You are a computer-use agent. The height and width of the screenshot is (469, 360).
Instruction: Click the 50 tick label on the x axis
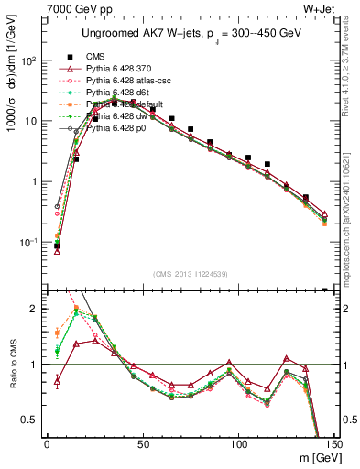click(143, 444)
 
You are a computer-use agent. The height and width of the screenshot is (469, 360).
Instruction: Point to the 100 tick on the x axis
click(239, 444)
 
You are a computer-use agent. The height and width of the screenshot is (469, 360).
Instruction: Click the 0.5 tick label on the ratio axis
click(30, 420)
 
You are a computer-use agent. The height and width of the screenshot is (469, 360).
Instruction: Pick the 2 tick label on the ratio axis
click(36, 310)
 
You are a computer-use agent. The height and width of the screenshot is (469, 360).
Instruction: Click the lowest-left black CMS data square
click(57, 245)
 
